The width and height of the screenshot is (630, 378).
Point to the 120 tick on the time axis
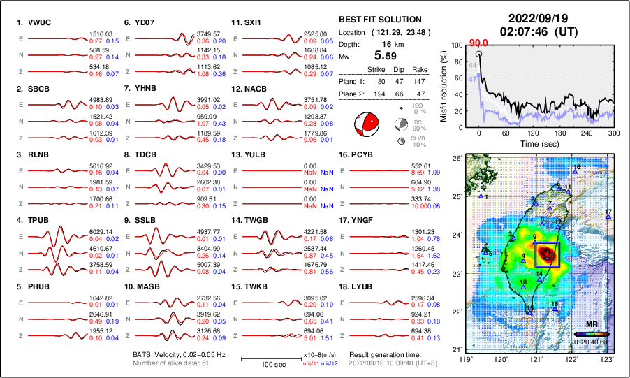pos(533,133)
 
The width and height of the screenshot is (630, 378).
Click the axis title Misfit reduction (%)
pos(444,87)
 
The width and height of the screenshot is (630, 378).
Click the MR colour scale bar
pos(591,334)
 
